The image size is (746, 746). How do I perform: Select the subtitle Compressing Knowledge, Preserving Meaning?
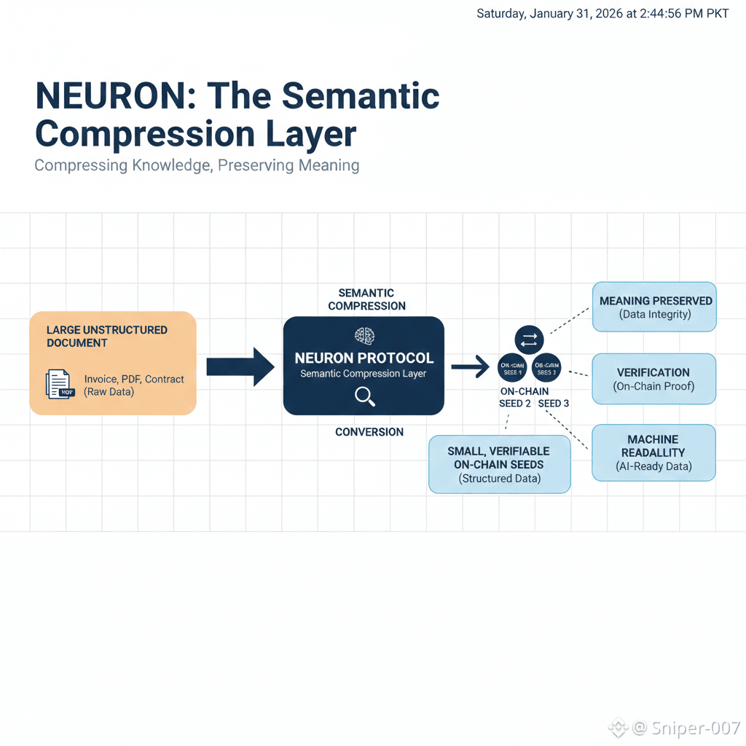[x=197, y=165]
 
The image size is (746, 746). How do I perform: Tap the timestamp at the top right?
[x=602, y=14]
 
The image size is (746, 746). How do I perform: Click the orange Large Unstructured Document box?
[x=113, y=363]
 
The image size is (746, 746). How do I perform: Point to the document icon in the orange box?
[x=59, y=384]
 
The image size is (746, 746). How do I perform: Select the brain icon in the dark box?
[x=364, y=336]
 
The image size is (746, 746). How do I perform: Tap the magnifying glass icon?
[x=364, y=396]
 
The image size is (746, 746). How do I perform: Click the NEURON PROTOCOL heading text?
[x=364, y=358]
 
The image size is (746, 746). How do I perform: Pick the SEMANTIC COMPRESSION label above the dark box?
[x=366, y=299]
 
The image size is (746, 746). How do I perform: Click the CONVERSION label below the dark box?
[x=369, y=432]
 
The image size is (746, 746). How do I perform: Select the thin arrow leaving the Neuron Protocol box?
[x=470, y=366]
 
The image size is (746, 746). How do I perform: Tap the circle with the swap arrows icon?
[x=529, y=339]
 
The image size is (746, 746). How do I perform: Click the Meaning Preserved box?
[x=655, y=307]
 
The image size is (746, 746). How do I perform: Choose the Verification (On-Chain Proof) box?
[x=653, y=379]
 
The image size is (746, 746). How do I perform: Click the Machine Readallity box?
[x=653, y=452]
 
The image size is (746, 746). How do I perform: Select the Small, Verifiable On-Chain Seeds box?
[x=499, y=465]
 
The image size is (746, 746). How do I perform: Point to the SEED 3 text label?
[x=554, y=404]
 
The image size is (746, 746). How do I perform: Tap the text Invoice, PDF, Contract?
[x=134, y=380]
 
